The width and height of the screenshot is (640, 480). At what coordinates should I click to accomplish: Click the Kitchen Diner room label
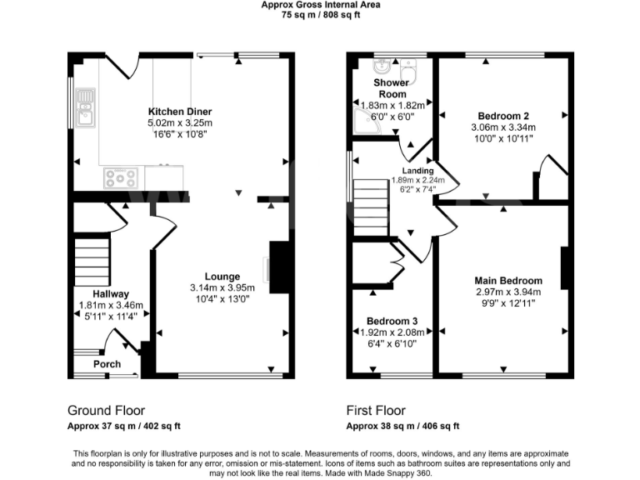pos(180,112)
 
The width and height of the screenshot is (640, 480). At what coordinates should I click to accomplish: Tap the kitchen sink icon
pos(85,107)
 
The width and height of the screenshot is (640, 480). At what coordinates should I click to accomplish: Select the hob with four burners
pos(121,177)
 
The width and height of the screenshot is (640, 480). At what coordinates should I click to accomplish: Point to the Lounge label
pos(222,277)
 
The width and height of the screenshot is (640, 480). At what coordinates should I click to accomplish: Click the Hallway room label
pos(111,294)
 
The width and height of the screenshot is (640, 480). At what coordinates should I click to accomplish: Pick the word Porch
pos(107,364)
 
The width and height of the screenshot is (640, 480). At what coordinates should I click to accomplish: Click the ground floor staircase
pos(92,261)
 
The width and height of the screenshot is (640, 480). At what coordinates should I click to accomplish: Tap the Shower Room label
pos(392,88)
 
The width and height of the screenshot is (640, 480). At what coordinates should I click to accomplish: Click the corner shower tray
pos(367,122)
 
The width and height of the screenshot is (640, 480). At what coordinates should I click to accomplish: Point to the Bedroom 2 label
pos(504,116)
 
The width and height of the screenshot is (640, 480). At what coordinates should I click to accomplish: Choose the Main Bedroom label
pos(508,281)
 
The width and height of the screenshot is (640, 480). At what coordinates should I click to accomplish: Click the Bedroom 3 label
pos(392,321)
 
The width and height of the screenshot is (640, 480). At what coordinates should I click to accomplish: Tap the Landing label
pos(418,171)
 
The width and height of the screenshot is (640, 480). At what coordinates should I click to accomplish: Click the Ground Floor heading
pos(106,411)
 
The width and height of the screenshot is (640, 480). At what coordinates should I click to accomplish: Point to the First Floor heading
pos(376,411)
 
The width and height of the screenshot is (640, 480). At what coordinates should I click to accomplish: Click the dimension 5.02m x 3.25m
pos(180,122)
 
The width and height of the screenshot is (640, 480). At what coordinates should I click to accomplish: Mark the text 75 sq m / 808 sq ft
pos(320,14)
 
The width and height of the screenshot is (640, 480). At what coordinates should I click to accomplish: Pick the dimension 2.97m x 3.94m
pos(508,292)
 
